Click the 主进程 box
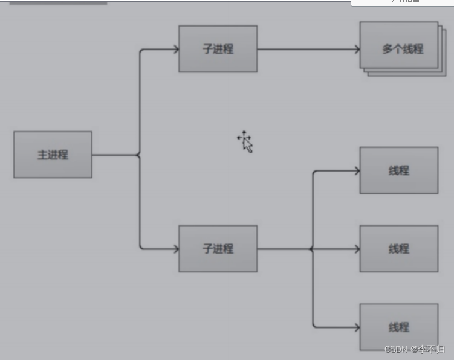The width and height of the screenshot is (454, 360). (x=53, y=155)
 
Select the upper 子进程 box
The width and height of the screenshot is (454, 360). (x=218, y=49)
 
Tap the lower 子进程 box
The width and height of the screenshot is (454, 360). (x=218, y=248)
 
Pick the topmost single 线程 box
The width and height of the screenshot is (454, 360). (x=398, y=170)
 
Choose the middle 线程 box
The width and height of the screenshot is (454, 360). (x=398, y=248)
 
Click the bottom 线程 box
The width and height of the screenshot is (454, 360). (x=398, y=327)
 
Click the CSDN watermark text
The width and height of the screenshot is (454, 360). (x=415, y=349)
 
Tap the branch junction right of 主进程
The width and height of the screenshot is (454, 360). (x=140, y=155)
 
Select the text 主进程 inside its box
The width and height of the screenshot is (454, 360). (x=53, y=155)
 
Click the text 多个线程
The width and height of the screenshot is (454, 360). (x=403, y=49)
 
